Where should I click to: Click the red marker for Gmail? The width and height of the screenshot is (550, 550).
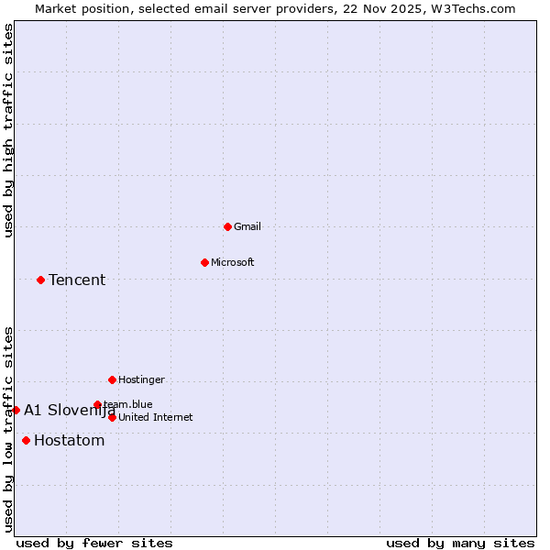(227, 226)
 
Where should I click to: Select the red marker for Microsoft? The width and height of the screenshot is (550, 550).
(204, 262)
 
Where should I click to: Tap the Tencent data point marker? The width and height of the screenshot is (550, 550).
(40, 280)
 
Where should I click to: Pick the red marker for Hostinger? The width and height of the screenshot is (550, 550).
(112, 379)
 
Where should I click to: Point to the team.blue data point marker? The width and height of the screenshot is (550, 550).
(97, 404)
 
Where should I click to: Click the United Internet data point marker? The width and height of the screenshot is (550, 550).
(112, 417)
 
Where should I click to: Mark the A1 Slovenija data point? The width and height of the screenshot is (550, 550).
(16, 410)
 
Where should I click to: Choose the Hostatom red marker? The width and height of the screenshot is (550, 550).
(26, 440)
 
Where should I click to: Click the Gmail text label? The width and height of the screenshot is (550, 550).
(247, 226)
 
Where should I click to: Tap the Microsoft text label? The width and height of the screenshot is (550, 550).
(233, 262)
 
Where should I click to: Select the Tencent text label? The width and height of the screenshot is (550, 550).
(77, 280)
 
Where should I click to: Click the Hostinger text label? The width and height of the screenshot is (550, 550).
(141, 379)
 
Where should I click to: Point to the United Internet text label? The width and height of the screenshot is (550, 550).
(156, 417)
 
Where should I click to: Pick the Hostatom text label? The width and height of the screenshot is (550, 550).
(69, 440)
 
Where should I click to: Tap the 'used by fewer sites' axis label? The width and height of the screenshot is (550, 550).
(94, 543)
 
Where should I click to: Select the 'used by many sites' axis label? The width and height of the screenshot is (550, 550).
(460, 543)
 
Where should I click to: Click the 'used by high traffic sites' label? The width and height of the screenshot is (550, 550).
(9, 130)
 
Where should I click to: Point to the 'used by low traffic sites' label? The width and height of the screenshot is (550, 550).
(9, 428)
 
